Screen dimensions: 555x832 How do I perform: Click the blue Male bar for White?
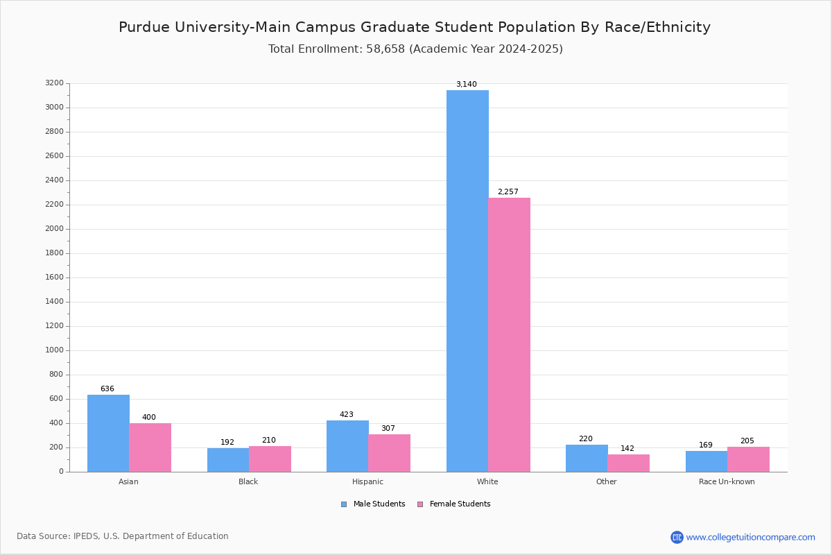467,281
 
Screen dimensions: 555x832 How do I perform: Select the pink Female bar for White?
510,334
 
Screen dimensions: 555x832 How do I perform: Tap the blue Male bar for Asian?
108,433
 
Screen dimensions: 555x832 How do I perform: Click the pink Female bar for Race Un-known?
748,459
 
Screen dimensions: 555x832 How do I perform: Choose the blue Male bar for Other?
587,458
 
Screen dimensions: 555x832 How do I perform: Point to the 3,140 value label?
466,85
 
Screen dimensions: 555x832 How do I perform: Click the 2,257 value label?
508,192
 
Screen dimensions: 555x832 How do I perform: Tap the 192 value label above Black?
227,443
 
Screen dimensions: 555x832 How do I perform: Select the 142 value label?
627,449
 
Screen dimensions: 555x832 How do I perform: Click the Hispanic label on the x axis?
367,481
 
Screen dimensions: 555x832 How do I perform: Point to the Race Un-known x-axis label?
727,481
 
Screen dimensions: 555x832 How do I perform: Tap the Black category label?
248,481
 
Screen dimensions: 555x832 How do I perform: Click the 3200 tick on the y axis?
54,83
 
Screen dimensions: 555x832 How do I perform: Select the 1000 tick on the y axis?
54,350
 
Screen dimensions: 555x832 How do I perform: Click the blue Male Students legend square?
344,504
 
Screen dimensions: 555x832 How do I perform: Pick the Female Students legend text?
460,504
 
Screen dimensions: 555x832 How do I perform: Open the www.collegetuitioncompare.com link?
750,537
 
